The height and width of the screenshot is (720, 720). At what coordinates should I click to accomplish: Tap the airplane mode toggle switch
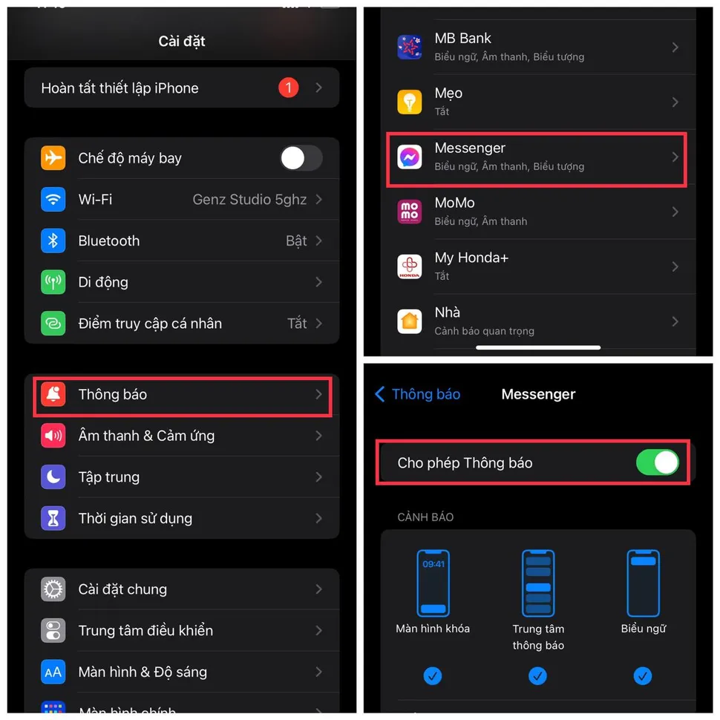pyautogui.click(x=301, y=158)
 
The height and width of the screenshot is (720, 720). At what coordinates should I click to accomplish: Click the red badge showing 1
pyautogui.click(x=288, y=88)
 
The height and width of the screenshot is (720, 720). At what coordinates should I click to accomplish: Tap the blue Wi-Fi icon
pyautogui.click(x=53, y=200)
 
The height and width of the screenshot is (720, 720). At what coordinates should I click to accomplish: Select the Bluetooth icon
pyautogui.click(x=53, y=240)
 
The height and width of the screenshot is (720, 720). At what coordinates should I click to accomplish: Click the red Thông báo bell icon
pyautogui.click(x=53, y=395)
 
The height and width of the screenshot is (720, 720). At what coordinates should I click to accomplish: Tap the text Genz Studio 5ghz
pyautogui.click(x=249, y=200)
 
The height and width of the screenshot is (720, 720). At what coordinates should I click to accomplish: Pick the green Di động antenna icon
pyautogui.click(x=53, y=282)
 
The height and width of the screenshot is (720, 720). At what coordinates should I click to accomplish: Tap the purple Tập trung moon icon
pyautogui.click(x=53, y=477)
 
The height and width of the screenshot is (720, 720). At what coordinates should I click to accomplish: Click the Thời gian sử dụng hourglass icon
pyautogui.click(x=53, y=519)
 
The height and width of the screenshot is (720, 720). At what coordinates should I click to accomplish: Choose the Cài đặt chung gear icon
pyautogui.click(x=53, y=589)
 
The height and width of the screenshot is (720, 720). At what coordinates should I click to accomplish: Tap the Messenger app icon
pyautogui.click(x=410, y=157)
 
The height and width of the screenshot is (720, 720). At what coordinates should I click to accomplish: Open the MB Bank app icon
pyautogui.click(x=410, y=47)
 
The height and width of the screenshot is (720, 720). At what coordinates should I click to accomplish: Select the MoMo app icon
pyautogui.click(x=410, y=212)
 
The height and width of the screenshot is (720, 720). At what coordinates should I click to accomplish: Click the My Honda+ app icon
pyautogui.click(x=410, y=266)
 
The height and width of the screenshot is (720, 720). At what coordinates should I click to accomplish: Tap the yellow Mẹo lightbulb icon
pyautogui.click(x=410, y=102)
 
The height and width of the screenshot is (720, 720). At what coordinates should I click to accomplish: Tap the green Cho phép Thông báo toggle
pyautogui.click(x=658, y=462)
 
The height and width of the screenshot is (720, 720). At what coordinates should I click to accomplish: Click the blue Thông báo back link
pyautogui.click(x=418, y=394)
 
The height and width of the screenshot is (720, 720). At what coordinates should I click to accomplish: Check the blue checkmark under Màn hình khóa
pyautogui.click(x=433, y=675)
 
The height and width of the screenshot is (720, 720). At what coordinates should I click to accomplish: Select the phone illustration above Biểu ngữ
pyautogui.click(x=643, y=583)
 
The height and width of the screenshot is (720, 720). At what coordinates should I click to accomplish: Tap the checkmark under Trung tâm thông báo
pyautogui.click(x=538, y=675)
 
